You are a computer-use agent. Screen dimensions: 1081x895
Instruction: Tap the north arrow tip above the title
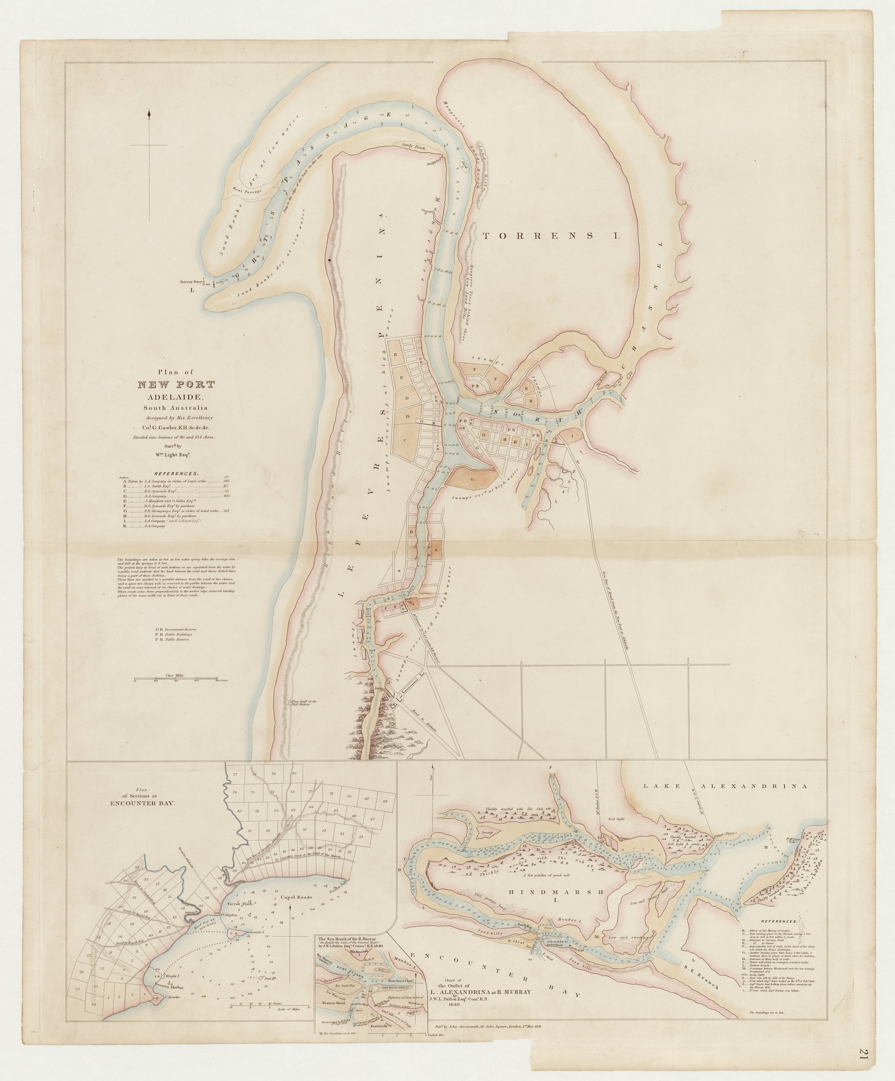click(x=150, y=111)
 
